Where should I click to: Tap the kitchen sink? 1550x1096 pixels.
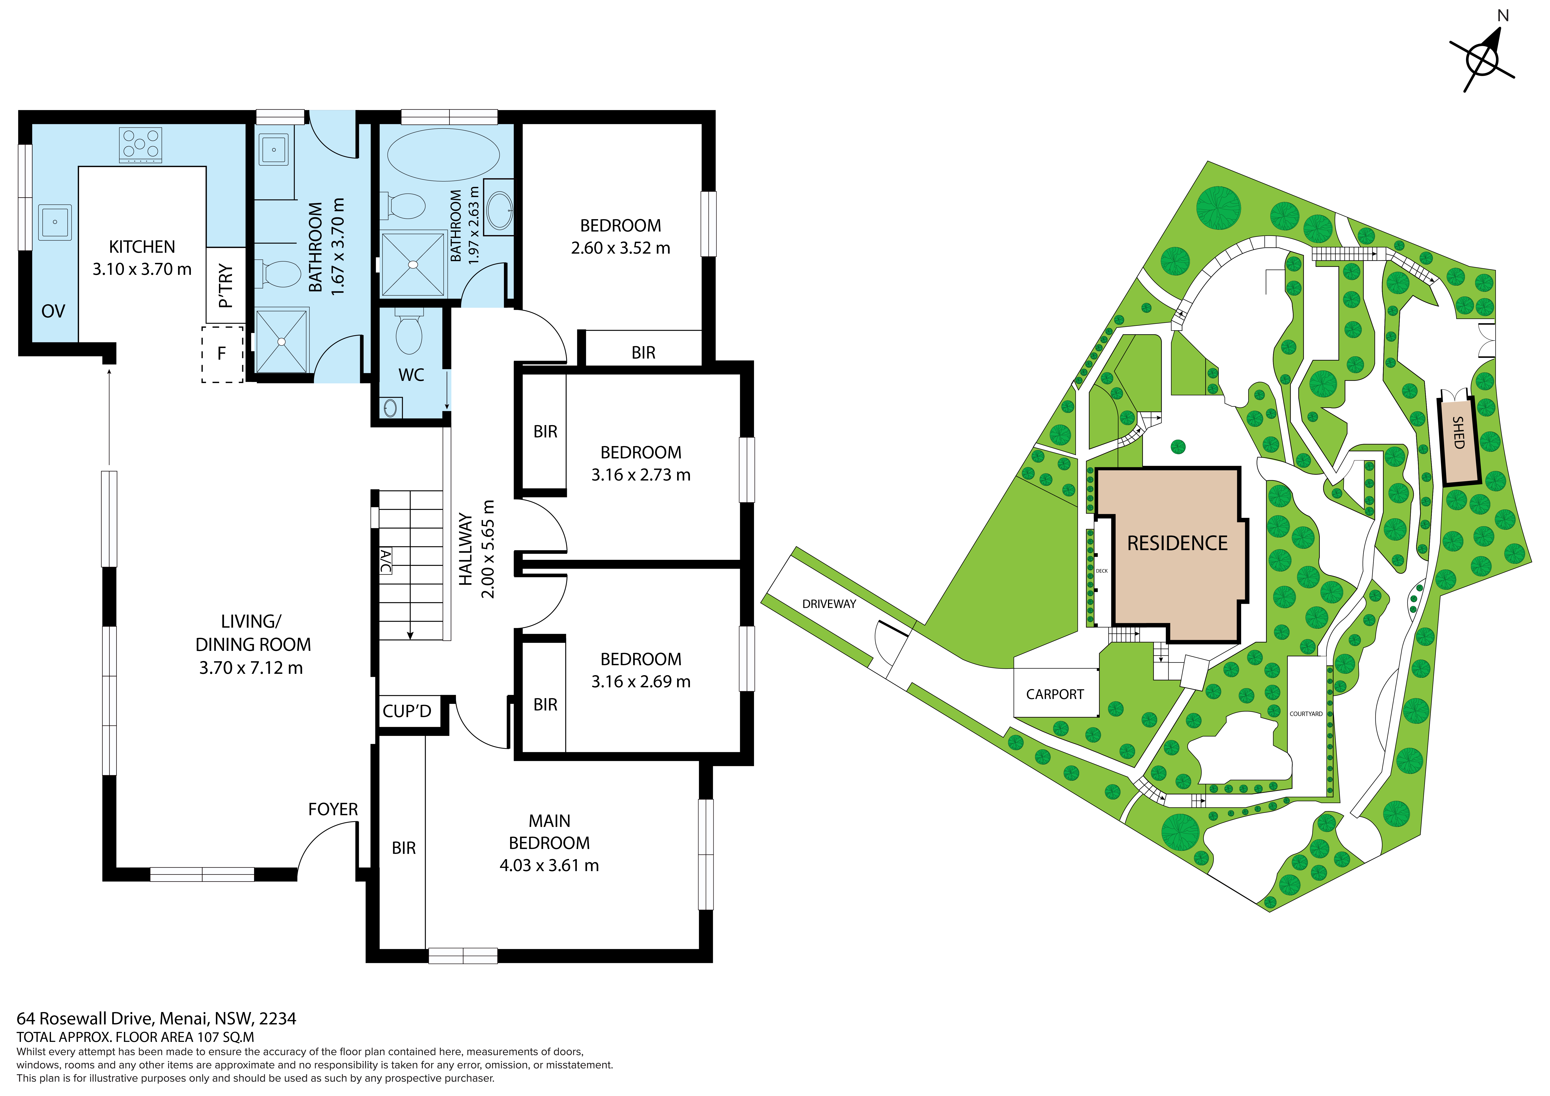[55, 222]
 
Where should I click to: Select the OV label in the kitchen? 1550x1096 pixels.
[53, 311]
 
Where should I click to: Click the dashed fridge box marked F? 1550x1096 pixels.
[222, 355]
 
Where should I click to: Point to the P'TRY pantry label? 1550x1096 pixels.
[226, 286]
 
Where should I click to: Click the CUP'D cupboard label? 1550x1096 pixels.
[407, 711]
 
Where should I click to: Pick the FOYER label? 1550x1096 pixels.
[333, 809]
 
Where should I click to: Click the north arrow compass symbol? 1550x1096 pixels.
[1482, 59]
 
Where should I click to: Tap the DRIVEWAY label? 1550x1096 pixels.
[829, 604]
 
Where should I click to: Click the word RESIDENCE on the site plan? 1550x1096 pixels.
[1177, 543]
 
